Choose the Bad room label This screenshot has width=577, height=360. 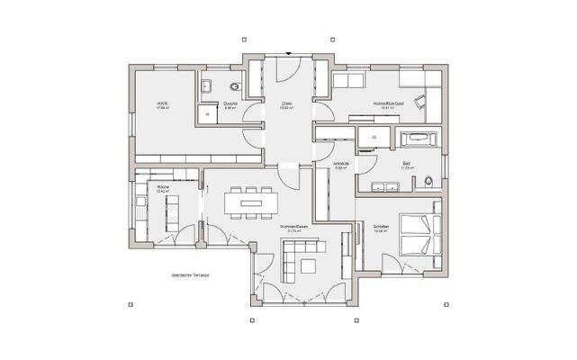[407, 165]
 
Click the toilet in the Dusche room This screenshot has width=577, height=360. [236, 86]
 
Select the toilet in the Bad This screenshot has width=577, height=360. [429, 183]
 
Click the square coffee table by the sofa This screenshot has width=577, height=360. [309, 266]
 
